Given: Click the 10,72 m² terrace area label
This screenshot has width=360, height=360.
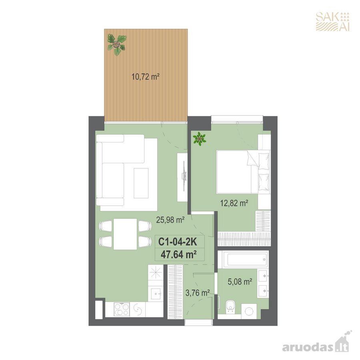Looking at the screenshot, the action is [145, 76].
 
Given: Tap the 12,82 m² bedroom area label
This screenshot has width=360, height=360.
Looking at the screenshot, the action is [234, 203].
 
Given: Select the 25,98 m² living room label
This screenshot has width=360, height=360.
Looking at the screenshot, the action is [170, 220].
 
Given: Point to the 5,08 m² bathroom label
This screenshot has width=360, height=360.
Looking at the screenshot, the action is [240, 282].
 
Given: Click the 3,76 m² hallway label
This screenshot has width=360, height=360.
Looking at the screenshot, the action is [198, 293].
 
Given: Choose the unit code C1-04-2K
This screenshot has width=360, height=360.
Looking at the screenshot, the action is [178, 242].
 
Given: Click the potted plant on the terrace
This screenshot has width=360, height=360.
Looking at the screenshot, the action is [117, 45].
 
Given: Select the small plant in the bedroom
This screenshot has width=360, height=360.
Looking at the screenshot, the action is [200, 139].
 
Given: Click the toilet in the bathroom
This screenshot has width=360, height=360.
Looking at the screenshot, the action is [230, 306].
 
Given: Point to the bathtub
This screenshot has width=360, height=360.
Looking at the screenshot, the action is [245, 260].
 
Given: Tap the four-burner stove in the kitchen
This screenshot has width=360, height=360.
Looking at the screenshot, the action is [122, 309].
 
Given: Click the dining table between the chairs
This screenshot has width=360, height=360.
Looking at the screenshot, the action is [125, 234].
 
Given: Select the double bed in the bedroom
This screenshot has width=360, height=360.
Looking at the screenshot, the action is [243, 172].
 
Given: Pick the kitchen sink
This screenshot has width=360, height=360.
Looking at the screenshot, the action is [156, 294].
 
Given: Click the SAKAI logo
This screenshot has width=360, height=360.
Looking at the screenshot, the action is [333, 21].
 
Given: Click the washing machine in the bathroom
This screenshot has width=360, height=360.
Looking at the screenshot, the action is [249, 311].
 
